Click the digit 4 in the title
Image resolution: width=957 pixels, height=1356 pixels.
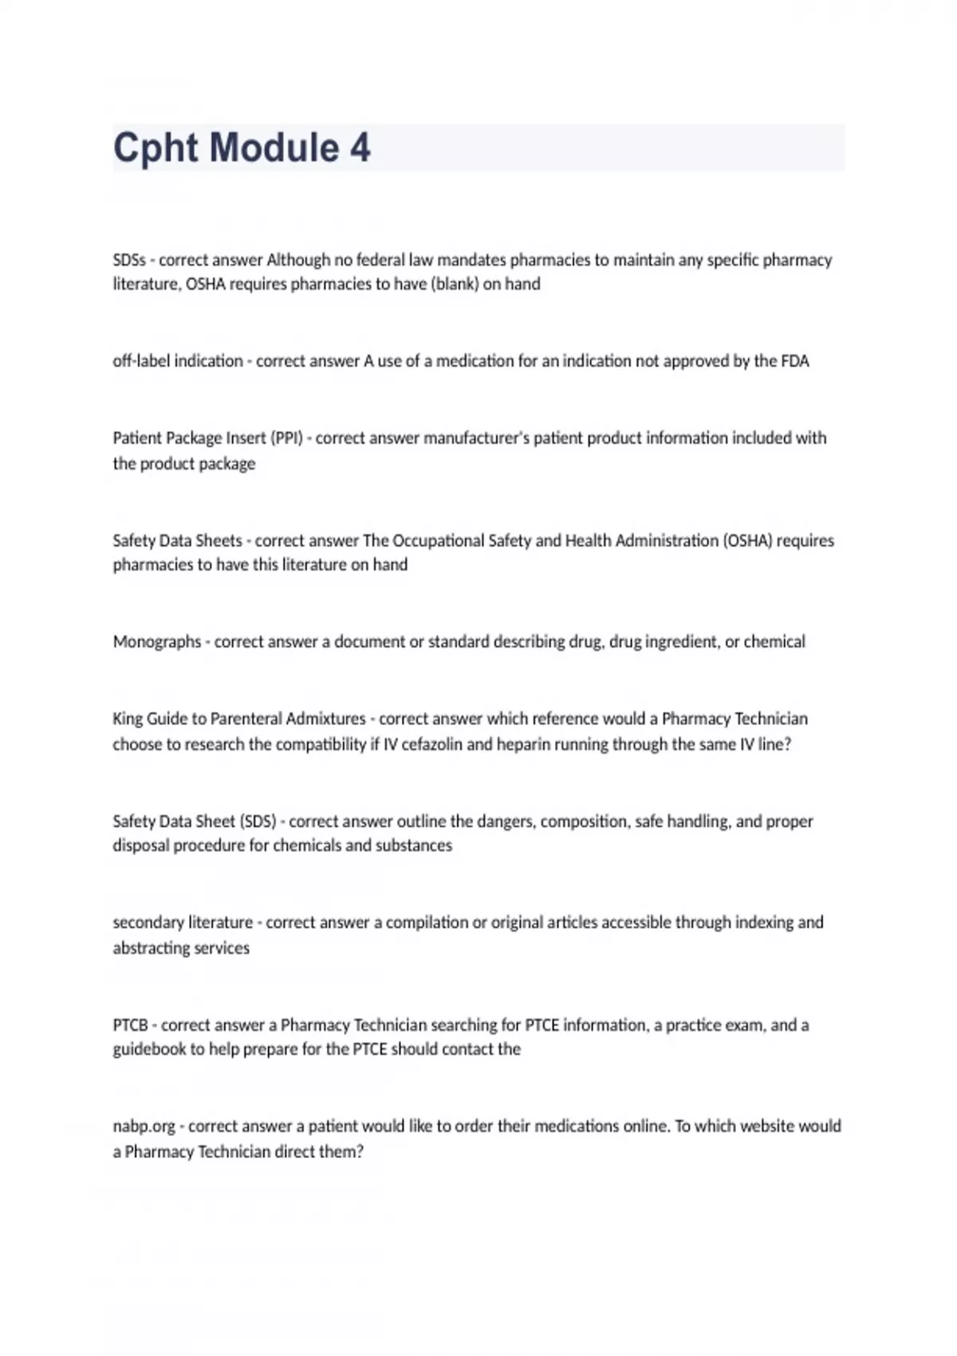pos(360,148)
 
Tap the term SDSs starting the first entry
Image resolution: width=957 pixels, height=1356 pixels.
pos(129,260)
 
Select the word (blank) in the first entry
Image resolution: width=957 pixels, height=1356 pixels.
pos(455,284)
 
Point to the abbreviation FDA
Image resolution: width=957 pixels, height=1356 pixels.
pos(794,361)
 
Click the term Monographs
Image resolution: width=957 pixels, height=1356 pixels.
pos(157,642)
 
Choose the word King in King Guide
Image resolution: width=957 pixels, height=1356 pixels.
pos(128,719)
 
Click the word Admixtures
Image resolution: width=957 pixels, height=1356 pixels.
pos(325,719)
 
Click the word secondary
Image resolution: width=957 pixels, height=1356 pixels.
pos(148,923)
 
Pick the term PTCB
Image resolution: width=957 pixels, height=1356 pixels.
pos(130,1025)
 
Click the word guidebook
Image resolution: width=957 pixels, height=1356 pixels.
pos(148,1049)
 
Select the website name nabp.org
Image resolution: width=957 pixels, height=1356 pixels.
pos(144,1126)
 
